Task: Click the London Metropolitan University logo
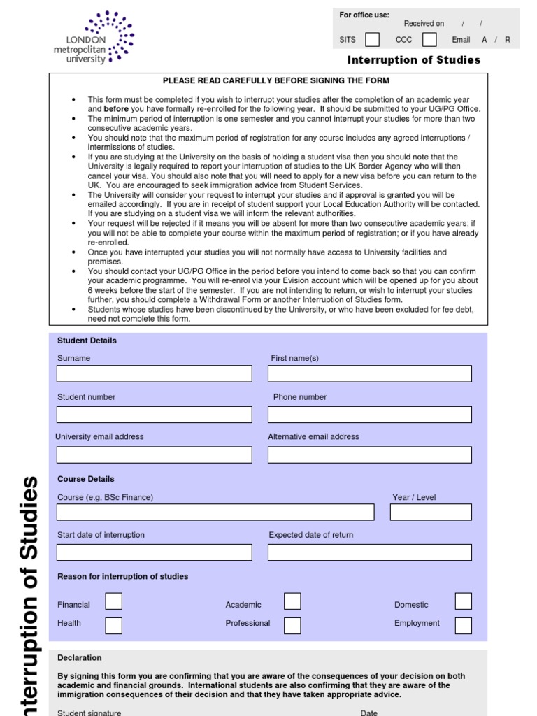[93, 38]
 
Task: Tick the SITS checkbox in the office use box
[373, 39]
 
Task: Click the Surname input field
[154, 373]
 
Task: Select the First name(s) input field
[369, 373]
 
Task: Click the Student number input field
[154, 415]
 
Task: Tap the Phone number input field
[369, 415]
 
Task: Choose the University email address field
[154, 454]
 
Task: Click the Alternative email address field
[369, 454]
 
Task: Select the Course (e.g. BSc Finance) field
[215, 512]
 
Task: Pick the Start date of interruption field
[154, 552]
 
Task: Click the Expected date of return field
[369, 552]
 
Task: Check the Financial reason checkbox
[113, 601]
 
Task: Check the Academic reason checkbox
[292, 601]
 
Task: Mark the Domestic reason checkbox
[463, 601]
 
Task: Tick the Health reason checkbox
[113, 625]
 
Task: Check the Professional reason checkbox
[292, 625]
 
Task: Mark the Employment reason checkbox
[463, 625]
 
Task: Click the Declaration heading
[80, 658]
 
